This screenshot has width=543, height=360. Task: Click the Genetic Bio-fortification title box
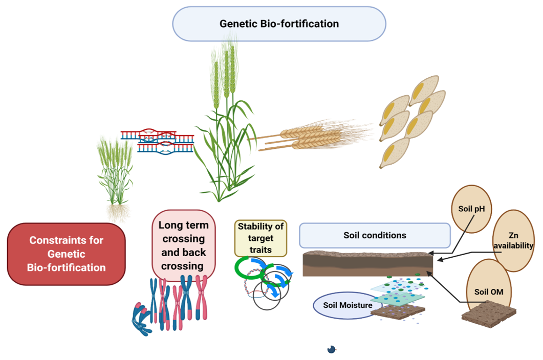coord(279,24)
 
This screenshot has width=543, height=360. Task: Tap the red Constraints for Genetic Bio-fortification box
coord(66,254)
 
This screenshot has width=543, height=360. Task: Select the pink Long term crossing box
coord(184,245)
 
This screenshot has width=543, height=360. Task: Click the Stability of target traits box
coord(260,238)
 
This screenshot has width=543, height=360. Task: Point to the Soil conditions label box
coord(375,235)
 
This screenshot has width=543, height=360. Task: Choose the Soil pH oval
coord(471,209)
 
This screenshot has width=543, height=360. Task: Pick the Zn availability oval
coord(513,240)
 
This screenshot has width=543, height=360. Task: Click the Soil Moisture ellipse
coord(347,305)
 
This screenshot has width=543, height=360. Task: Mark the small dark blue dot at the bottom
coord(332,349)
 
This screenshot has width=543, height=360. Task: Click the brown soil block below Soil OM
coord(489,314)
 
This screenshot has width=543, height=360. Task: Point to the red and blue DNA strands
coord(157,140)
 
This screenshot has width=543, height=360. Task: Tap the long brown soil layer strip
coord(368,264)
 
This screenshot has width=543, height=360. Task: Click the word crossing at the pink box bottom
coord(182,266)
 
